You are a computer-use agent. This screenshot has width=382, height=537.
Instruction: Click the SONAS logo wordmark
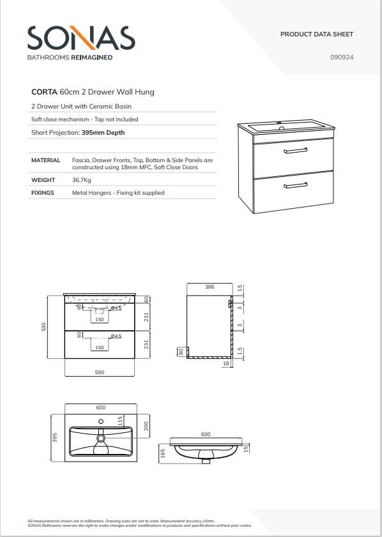point(81,38)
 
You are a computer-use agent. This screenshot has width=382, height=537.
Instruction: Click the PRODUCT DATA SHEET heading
point(317,34)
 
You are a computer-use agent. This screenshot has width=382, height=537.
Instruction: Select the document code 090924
point(342,57)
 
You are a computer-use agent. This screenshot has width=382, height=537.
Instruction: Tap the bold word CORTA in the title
point(44,92)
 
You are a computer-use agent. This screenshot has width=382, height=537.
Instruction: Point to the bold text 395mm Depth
point(103,133)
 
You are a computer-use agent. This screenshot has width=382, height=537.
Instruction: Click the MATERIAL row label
point(45,160)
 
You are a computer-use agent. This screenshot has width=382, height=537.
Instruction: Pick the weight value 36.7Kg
point(82,180)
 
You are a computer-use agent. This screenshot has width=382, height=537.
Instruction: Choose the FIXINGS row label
point(43,193)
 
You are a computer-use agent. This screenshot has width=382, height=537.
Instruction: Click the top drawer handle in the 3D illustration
point(295,150)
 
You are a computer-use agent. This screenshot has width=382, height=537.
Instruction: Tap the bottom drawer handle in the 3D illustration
point(295,185)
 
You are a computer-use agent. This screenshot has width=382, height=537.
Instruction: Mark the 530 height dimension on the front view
point(43,327)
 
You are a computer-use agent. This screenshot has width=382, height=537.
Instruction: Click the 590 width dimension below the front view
point(100,372)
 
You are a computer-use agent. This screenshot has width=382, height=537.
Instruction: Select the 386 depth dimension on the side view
point(210,287)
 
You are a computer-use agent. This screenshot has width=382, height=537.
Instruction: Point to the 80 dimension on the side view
point(181,351)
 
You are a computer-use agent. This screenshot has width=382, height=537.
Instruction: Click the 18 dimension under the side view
point(225,363)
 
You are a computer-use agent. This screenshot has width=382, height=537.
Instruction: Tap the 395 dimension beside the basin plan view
point(55,437)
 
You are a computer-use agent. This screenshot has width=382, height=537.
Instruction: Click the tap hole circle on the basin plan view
point(101,421)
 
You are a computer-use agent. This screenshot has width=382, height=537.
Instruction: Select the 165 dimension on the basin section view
point(163,453)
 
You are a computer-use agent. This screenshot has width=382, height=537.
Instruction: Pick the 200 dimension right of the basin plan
point(146,427)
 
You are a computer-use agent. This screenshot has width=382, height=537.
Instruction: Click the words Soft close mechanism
point(60,119)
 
